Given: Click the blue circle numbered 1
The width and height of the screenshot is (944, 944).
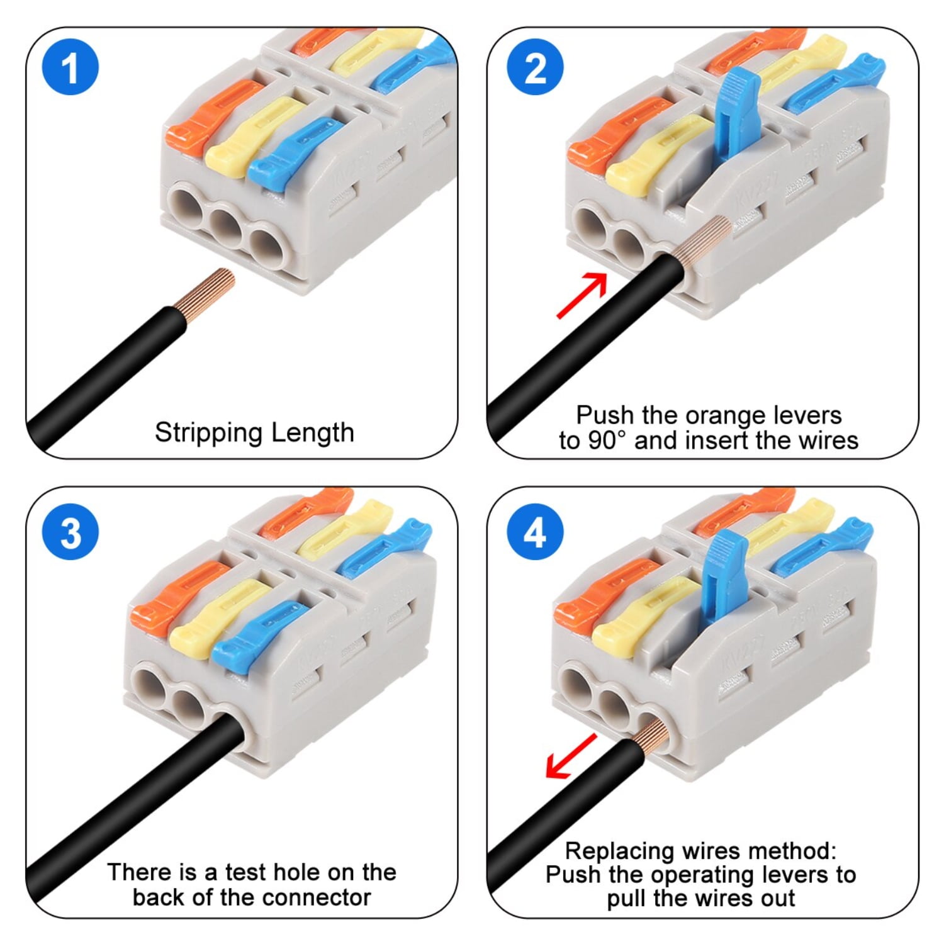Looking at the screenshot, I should (x=70, y=67).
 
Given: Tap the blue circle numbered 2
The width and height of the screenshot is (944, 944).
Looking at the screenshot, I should (x=534, y=67).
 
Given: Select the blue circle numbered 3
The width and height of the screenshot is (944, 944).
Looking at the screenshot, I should (x=70, y=532).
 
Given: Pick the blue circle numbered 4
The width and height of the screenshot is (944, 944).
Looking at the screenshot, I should (x=534, y=532).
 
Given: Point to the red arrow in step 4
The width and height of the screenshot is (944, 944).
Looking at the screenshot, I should (x=571, y=755).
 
